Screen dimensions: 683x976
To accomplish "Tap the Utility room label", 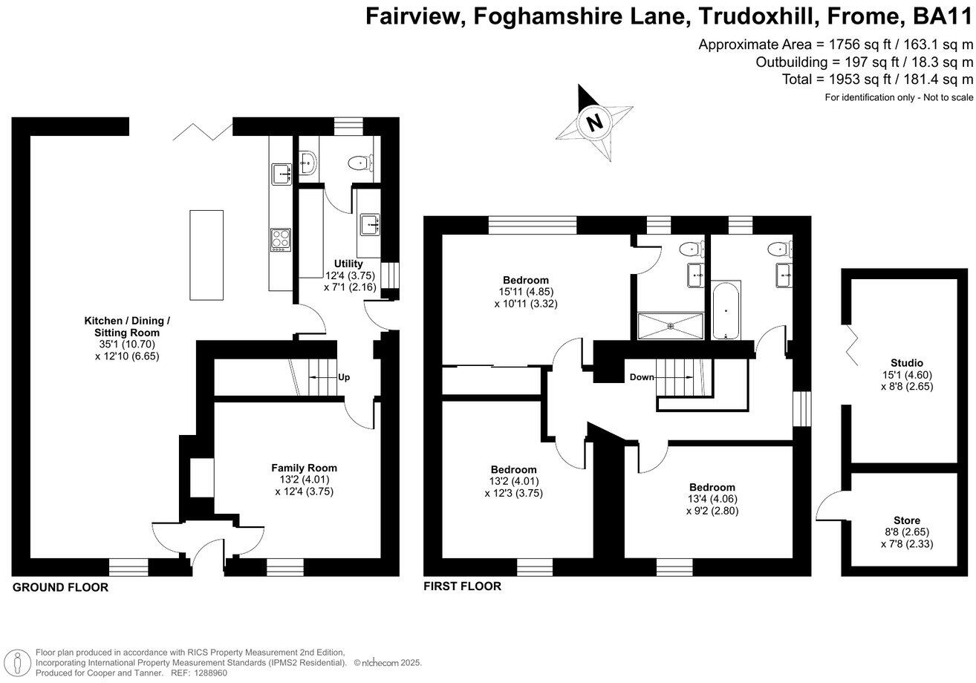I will point(348,264).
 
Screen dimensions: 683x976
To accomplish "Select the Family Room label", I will point(304,468).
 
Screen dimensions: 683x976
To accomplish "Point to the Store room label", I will point(906,520).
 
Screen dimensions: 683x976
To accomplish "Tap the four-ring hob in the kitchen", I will point(281,239).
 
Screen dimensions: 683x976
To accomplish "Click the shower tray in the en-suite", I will point(671,325).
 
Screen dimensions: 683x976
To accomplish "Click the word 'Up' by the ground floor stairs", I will point(343,377).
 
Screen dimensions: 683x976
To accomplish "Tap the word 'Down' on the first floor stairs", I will point(642,377).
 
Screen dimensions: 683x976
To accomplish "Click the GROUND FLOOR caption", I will point(60,587).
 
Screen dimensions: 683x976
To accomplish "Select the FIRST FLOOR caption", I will point(462,586).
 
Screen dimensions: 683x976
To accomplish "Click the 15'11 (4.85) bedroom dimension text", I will point(528,292).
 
